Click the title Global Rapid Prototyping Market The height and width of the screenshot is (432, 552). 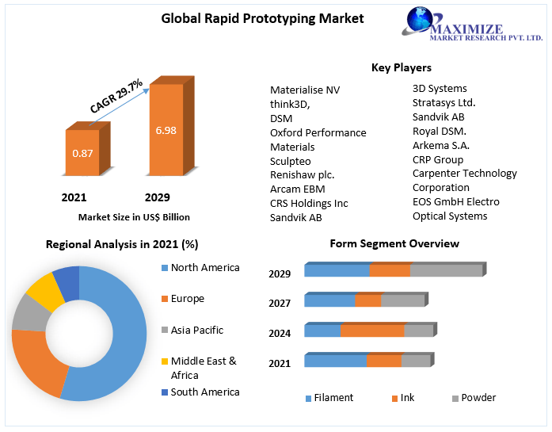262,17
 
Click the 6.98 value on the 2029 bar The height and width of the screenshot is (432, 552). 166,129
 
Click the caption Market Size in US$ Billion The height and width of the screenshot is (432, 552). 134,216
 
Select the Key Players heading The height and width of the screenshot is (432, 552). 401,67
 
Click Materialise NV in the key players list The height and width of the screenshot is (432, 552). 304,90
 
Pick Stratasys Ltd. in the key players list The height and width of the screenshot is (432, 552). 444,102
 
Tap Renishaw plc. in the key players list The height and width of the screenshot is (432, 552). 302,174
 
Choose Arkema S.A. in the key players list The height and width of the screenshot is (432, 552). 440,145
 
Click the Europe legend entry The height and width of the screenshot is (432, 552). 187,299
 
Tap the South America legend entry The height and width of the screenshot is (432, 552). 204,392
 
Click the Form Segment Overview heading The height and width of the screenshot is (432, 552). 394,243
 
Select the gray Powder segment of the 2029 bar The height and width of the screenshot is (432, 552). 446,270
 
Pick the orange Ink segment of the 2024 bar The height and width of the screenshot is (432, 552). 372,331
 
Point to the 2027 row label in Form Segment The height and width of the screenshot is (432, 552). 280,303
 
